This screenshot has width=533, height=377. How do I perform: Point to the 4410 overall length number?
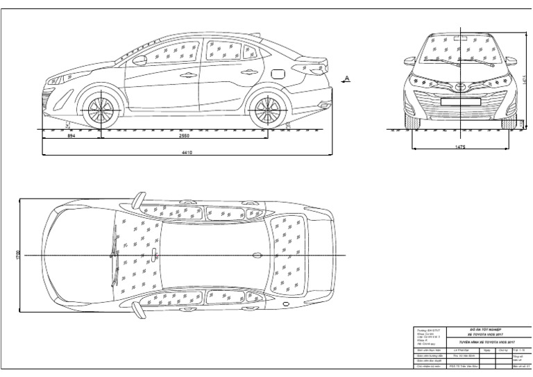point(186,152)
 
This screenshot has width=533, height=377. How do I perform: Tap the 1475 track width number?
point(460,146)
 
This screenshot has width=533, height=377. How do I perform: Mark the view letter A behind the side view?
point(347,78)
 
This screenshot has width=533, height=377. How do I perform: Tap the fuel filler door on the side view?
point(277,72)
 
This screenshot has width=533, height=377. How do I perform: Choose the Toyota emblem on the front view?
point(460,87)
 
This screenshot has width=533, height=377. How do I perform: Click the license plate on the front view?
point(460,99)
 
